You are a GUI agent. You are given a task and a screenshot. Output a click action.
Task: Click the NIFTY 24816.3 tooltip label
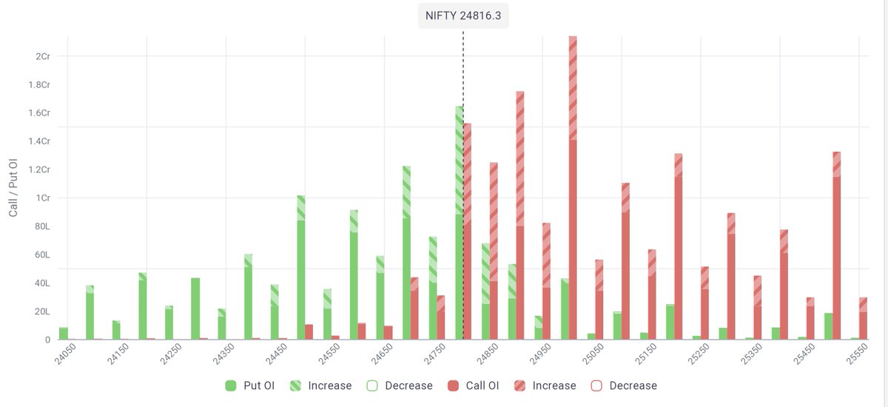463,16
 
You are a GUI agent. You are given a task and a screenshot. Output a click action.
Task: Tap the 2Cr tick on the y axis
41,56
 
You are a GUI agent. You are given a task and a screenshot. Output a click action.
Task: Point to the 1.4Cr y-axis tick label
38,141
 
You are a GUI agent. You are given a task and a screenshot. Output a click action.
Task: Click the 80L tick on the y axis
41,226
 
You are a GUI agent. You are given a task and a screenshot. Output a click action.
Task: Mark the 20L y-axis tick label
41,312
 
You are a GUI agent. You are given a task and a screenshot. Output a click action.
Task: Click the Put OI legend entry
249,386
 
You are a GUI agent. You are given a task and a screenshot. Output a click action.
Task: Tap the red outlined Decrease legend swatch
596,386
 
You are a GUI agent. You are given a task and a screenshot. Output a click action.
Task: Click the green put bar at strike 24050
64,334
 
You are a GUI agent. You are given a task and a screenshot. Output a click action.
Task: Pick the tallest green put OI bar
459,222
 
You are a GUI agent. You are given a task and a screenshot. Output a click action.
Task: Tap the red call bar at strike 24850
494,252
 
